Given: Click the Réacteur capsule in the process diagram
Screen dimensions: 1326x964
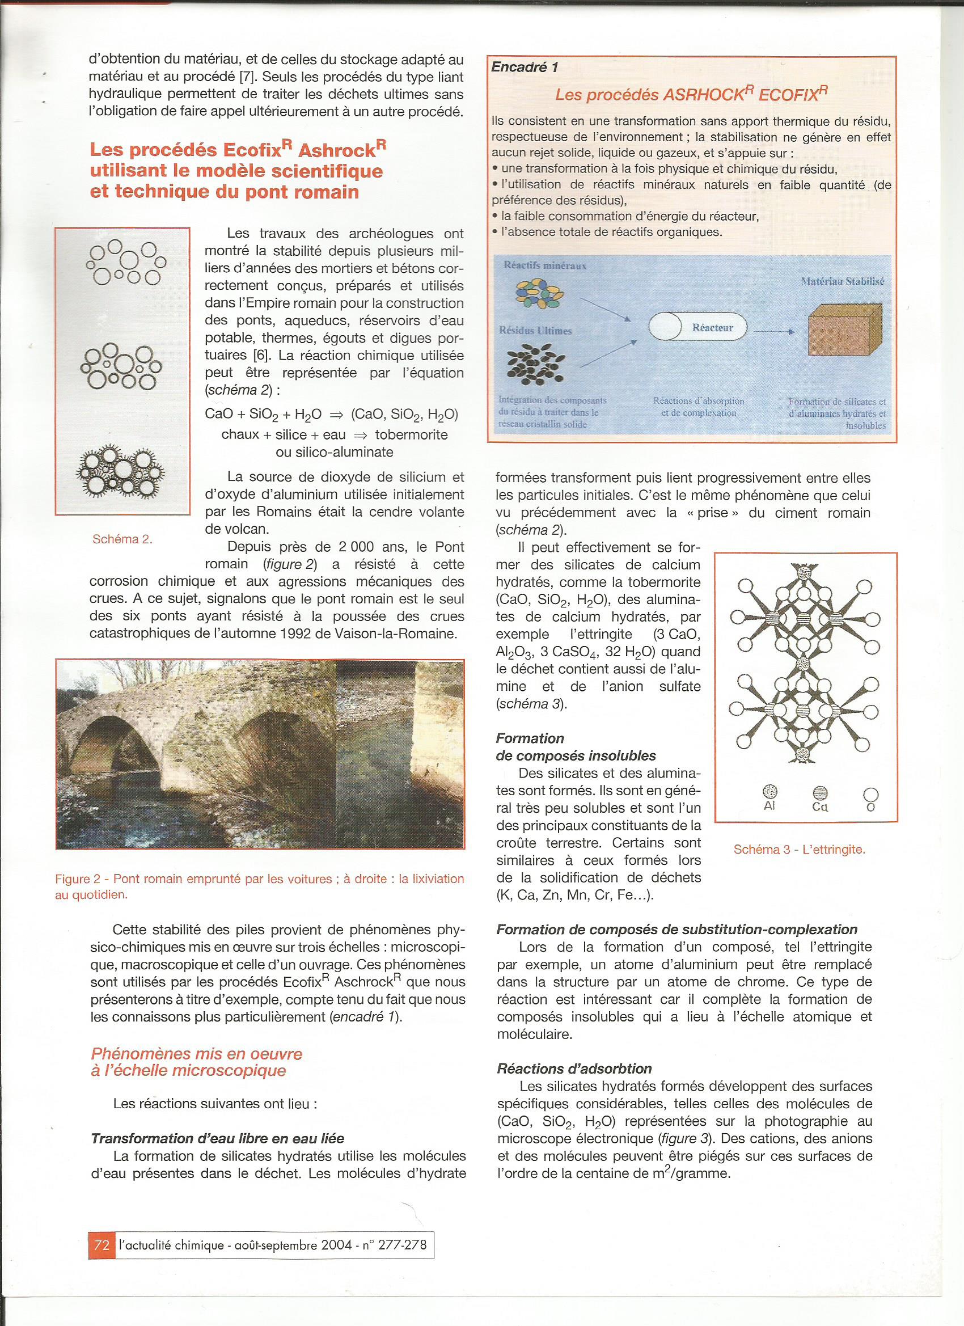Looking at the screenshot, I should [x=699, y=328].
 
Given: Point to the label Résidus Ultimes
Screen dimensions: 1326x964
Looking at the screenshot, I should [x=535, y=330].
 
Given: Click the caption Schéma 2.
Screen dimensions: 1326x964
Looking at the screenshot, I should [x=122, y=539].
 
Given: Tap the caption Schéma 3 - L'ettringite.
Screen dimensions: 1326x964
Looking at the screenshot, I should [x=799, y=850].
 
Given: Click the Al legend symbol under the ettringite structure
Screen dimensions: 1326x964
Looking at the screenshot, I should [x=769, y=793].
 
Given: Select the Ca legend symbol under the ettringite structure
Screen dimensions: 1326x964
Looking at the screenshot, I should [x=819, y=793].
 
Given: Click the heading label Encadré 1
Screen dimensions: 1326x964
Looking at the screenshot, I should [x=525, y=67].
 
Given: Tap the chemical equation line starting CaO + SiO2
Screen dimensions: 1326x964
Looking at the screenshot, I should [x=332, y=414].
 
